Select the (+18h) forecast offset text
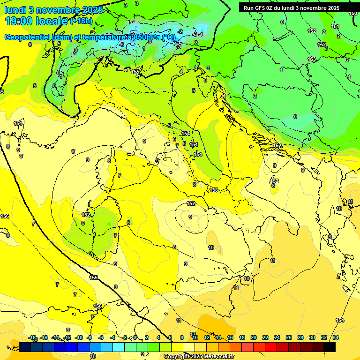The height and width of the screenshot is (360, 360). pyautogui.click(x=82, y=21)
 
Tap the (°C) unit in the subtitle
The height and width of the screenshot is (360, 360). pyautogui.click(x=169, y=37)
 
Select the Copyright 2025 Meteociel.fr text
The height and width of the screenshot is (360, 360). pyautogui.click(x=199, y=357)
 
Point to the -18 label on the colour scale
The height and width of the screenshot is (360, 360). pyautogui.click(x=32, y=337)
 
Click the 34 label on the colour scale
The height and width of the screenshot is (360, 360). pyautogui.click(x=336, y=337)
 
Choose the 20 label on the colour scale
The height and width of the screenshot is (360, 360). pyautogui.click(x=254, y=337)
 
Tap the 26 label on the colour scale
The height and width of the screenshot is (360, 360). pyautogui.click(x=289, y=337)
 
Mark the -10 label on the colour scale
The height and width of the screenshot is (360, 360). pyautogui.click(x=79, y=337)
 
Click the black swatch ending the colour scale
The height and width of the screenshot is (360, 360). pyautogui.click(x=330, y=347)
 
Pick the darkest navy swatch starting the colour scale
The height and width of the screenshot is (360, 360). pyautogui.click(x=25, y=347)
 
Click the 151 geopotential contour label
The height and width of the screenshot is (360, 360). pyautogui.click(x=335, y=27)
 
